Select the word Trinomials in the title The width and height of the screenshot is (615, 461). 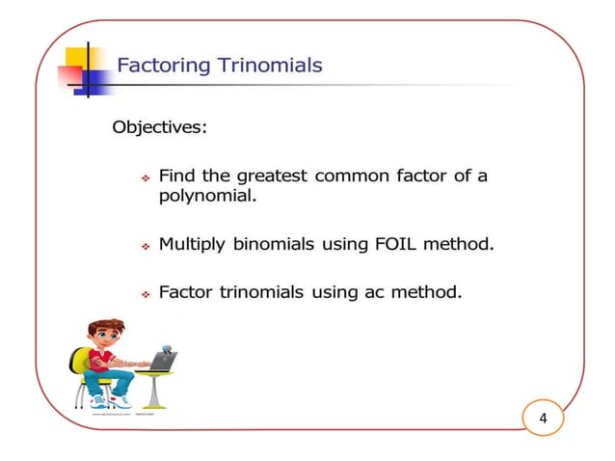click(x=270, y=67)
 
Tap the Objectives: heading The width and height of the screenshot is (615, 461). click(x=160, y=127)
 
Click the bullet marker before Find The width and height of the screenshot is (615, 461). click(x=144, y=178)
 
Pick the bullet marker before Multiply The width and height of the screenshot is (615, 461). click(x=144, y=247)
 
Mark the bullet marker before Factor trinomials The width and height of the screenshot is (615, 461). click(x=144, y=293)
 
